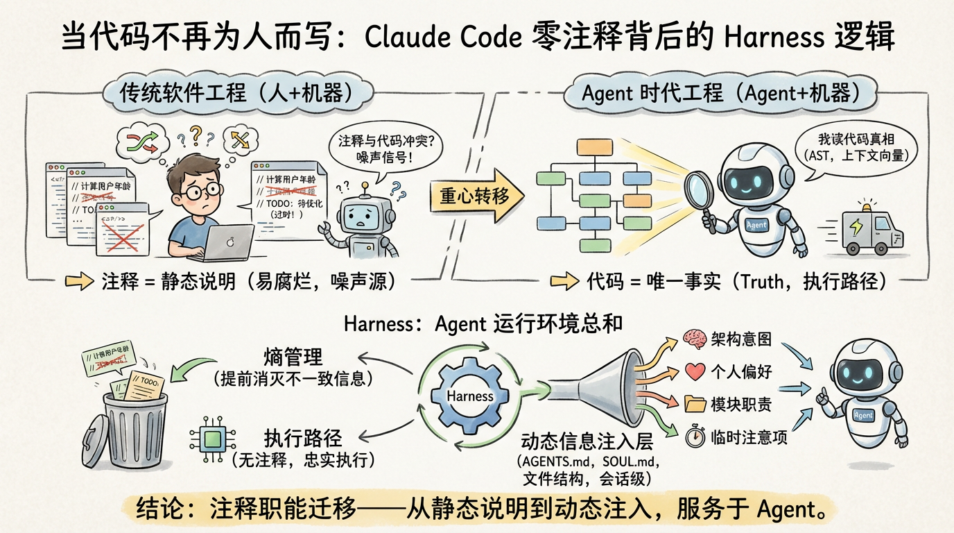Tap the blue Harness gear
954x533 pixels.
click(470, 396)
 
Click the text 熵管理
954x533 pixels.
click(293, 357)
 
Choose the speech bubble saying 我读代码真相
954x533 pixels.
click(854, 146)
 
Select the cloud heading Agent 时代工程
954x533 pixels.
click(721, 93)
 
